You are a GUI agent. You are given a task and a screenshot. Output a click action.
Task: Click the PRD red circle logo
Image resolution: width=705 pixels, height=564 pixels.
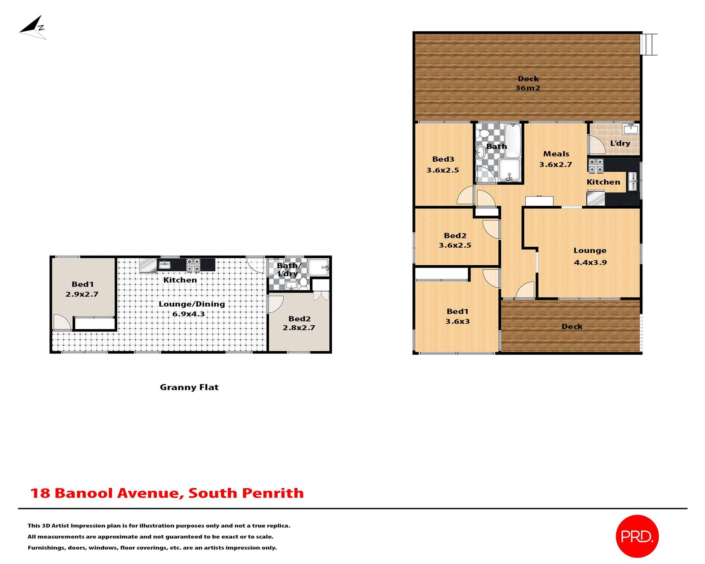(637, 536)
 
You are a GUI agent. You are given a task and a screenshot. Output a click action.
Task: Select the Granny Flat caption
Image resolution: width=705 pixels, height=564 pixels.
(189, 387)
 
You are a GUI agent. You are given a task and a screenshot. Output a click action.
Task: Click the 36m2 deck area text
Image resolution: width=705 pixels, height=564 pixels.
(527, 88)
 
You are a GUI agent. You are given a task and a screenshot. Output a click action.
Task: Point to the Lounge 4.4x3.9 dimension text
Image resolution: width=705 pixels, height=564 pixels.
(590, 262)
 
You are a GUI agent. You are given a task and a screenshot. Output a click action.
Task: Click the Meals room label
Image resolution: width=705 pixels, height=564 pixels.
(556, 154)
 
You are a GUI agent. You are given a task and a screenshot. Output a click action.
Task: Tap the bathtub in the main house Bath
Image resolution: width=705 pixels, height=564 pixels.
(512, 141)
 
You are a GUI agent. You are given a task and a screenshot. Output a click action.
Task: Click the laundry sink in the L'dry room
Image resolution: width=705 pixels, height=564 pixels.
(631, 129)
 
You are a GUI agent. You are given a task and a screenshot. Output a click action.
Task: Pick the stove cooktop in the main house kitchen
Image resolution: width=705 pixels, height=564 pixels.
(596, 166)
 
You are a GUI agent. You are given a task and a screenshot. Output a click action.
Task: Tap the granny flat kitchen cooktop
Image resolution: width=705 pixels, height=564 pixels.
(193, 265)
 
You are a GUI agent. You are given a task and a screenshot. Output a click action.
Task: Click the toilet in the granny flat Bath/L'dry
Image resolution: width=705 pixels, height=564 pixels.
(304, 282)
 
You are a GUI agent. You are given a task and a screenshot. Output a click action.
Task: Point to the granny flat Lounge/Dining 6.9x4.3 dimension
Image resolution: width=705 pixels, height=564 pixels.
(189, 314)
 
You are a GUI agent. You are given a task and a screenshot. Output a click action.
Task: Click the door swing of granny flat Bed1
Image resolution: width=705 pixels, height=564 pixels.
(62, 322)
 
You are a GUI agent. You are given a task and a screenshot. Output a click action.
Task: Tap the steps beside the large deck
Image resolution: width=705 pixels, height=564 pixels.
(649, 44)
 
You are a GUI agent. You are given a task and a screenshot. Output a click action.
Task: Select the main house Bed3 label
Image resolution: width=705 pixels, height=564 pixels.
(443, 159)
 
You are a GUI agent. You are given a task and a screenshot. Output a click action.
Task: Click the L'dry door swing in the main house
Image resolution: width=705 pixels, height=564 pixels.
(597, 145)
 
